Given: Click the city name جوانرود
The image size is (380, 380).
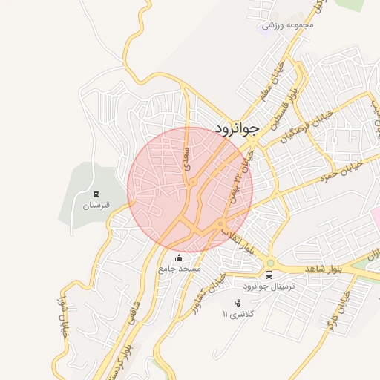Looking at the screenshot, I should click(x=237, y=128).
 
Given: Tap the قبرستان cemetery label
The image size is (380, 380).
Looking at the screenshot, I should click(x=96, y=204).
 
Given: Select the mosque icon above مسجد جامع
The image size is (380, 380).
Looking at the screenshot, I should click(x=179, y=258).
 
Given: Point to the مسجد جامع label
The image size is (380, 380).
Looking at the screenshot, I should click(x=179, y=269).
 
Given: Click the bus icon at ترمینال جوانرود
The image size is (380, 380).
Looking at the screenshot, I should click(x=269, y=275).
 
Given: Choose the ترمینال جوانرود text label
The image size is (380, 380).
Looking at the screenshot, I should click(x=269, y=286).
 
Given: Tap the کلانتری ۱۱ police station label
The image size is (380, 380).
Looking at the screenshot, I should click(x=238, y=315).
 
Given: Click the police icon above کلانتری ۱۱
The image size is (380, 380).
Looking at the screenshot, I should click(x=237, y=302).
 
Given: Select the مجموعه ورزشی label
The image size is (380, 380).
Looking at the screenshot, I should click(x=289, y=25).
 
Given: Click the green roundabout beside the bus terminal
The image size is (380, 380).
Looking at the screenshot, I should click(x=269, y=262).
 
